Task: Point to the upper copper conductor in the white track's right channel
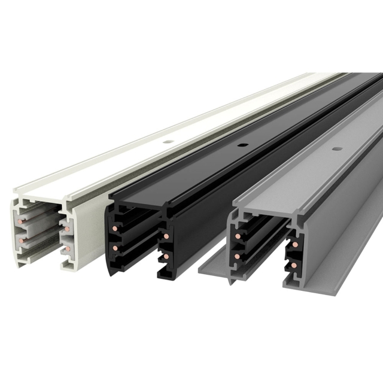point(69,230)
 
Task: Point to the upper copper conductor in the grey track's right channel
point(294,245)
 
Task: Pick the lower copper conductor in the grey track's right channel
point(294,263)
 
